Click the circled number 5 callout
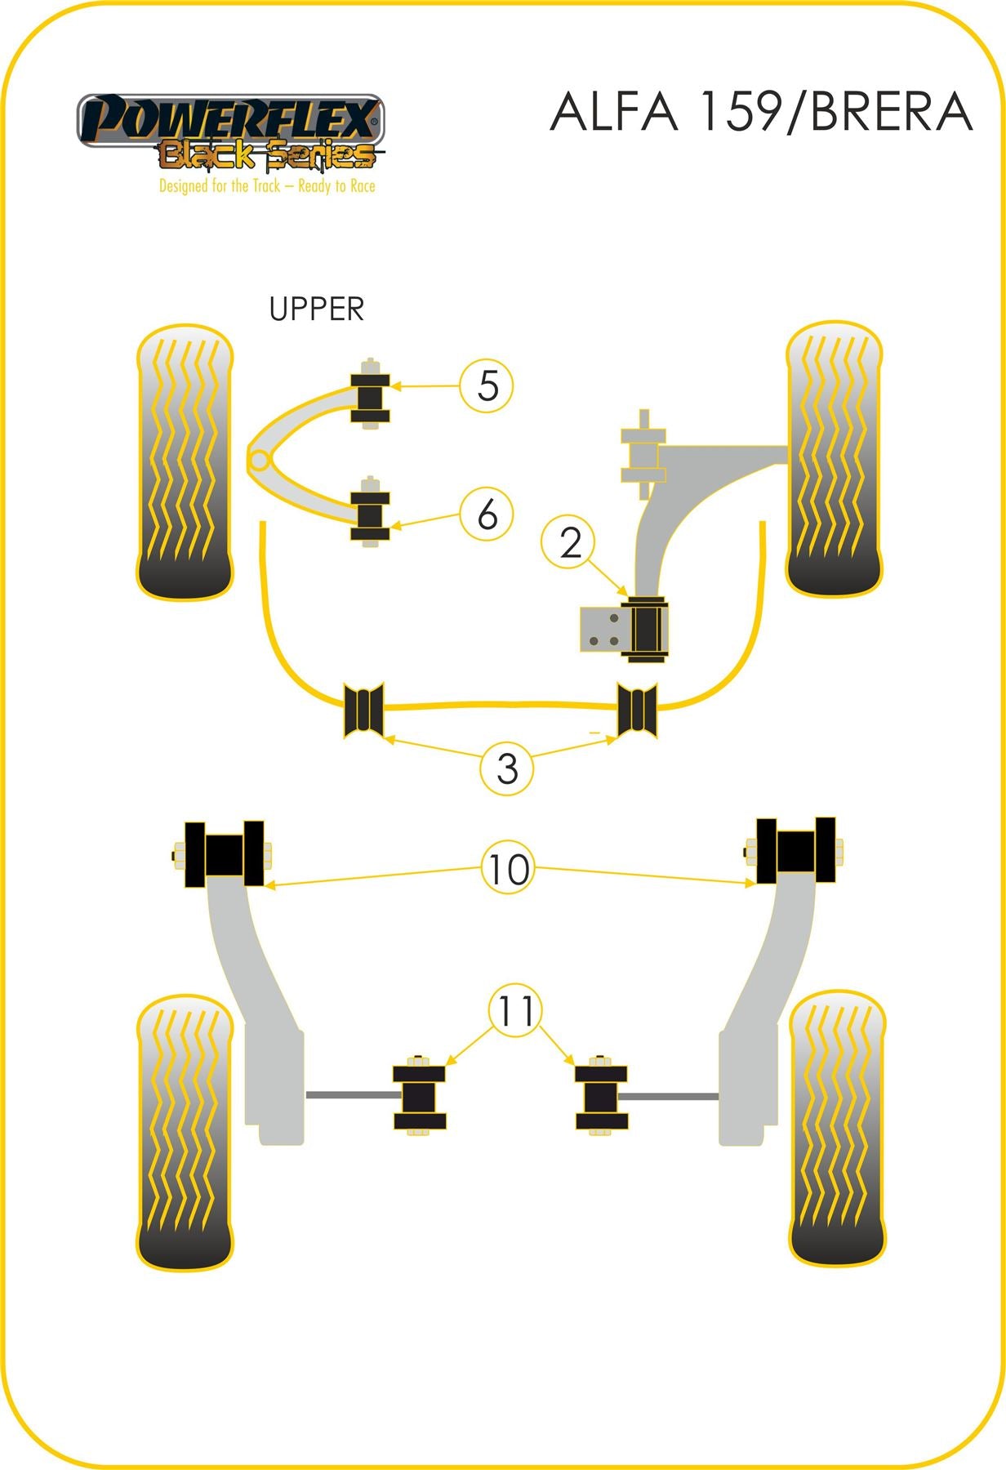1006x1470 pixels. [x=487, y=385]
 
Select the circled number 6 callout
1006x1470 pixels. [x=487, y=514]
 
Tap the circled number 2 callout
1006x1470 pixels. [x=571, y=543]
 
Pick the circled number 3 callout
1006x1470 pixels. [x=507, y=768]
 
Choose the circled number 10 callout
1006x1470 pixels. [x=508, y=869]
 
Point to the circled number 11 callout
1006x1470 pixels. [x=516, y=1011]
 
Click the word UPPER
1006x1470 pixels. [x=317, y=310]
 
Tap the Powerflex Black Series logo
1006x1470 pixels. [x=230, y=132]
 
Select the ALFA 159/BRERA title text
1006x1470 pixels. [x=761, y=112]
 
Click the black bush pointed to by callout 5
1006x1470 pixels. [x=370, y=394]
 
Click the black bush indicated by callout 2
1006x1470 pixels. [x=645, y=630]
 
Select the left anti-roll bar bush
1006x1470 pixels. [x=364, y=709]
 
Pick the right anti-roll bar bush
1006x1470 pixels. [x=637, y=709]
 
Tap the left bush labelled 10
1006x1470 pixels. [x=225, y=854]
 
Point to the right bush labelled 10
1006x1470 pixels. [x=795, y=851]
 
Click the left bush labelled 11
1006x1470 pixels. [x=420, y=1097]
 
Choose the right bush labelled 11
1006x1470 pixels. [x=601, y=1096]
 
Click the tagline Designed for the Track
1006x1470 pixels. [x=267, y=186]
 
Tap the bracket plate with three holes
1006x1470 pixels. [x=602, y=630]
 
